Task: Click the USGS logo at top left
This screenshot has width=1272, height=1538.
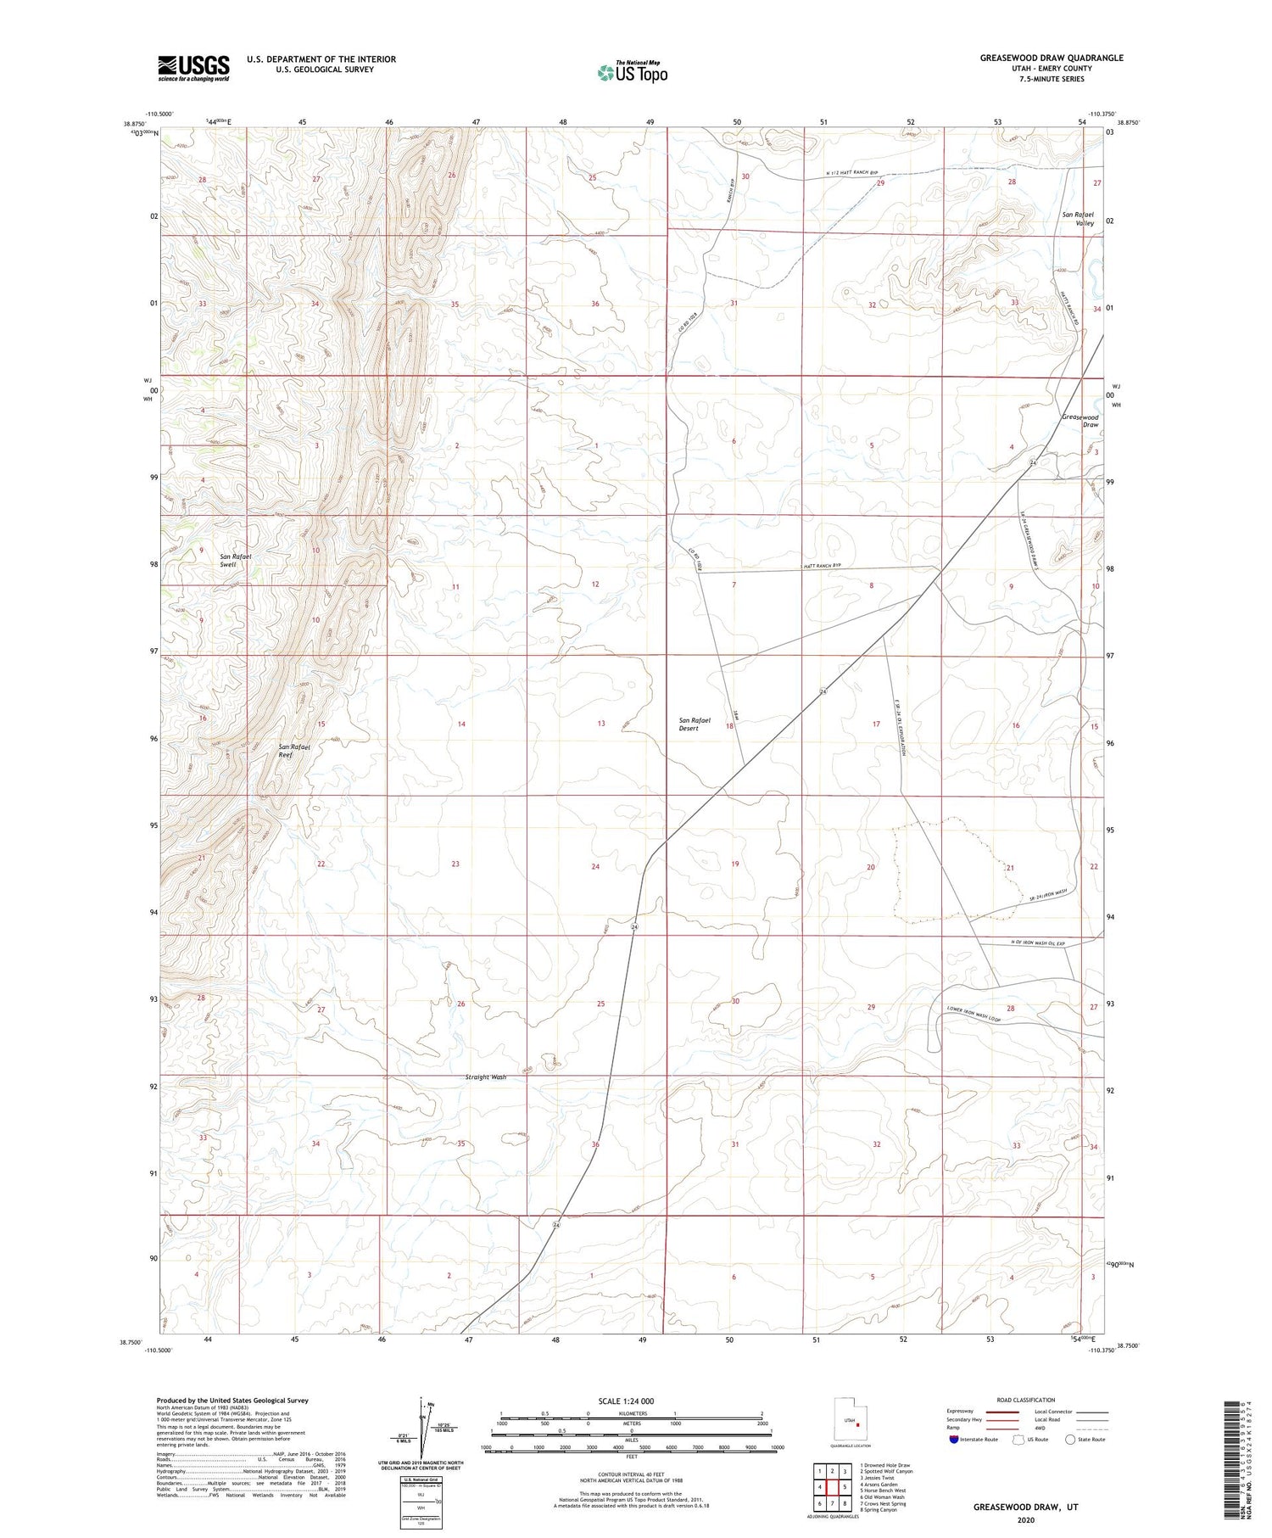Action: point(193,68)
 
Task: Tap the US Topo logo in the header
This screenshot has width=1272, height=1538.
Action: point(632,73)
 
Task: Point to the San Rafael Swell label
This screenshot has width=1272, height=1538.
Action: point(236,560)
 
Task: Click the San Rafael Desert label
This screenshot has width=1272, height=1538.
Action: point(695,724)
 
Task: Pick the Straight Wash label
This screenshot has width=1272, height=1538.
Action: point(486,1077)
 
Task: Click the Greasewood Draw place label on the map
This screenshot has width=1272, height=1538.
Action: point(1080,421)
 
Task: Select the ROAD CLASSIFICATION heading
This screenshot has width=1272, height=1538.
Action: point(1026,1400)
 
